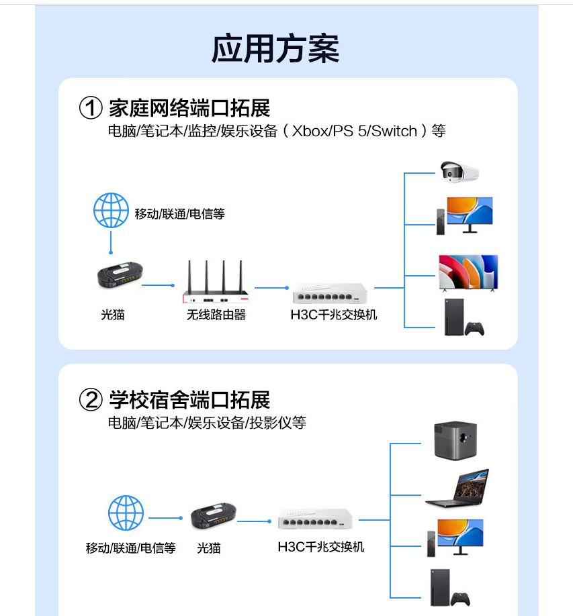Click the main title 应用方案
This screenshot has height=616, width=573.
click(x=275, y=48)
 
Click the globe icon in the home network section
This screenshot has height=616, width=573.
click(x=111, y=210)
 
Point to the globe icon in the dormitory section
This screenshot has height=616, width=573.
click(x=126, y=514)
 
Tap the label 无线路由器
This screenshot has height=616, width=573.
click(x=216, y=315)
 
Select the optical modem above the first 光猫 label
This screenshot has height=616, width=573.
click(x=118, y=277)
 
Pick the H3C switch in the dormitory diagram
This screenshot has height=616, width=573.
click(x=315, y=520)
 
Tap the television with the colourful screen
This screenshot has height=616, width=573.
click(x=468, y=272)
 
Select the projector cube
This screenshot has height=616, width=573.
click(x=455, y=440)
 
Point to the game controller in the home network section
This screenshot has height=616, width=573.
click(x=476, y=328)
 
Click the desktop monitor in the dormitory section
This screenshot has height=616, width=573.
click(x=460, y=535)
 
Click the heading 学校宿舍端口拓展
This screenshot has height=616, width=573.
click(x=189, y=401)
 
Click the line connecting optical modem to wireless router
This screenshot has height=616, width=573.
click(x=159, y=285)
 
